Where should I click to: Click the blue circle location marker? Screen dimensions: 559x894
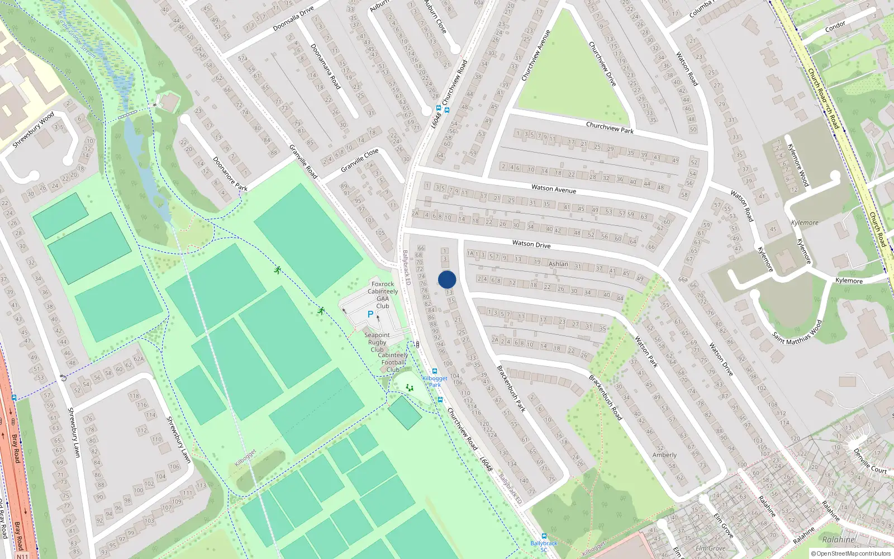click(447, 279)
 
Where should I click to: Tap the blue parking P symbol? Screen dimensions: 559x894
click(370, 315)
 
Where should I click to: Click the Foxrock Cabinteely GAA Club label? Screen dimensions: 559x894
click(383, 295)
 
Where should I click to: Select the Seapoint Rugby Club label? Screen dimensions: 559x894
click(377, 342)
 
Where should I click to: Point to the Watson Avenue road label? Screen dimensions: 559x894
click(553, 190)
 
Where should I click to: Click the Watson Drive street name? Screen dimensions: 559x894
click(531, 244)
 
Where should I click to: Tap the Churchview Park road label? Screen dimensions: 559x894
click(610, 128)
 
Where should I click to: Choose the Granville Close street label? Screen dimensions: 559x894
click(360, 160)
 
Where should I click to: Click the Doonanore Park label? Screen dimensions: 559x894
click(230, 174)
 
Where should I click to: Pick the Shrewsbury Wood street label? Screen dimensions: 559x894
click(34, 130)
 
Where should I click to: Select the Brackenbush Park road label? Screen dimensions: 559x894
click(511, 389)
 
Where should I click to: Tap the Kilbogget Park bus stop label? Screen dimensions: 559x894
click(435, 382)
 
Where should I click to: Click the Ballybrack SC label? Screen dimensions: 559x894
click(544, 546)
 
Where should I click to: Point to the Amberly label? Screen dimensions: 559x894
click(664, 455)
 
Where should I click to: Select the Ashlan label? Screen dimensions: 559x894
click(558, 264)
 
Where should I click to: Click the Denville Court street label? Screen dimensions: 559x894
click(870, 461)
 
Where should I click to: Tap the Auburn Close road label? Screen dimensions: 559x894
click(436, 17)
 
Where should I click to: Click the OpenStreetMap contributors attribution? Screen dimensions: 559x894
click(851, 554)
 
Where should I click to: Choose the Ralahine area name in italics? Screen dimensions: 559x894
click(839, 540)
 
